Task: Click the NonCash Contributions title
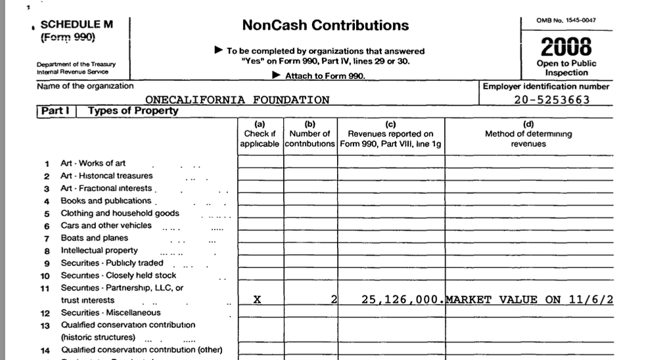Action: [325, 26]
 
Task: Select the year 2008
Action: [566, 47]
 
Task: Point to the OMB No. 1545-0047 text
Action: [566, 20]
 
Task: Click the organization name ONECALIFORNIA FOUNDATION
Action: [237, 100]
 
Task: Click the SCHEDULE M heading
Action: [76, 24]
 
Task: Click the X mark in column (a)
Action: [257, 300]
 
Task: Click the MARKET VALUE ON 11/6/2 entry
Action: [529, 300]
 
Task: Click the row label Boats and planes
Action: [94, 238]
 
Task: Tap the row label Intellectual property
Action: [99, 250]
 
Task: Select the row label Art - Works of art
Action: [93, 163]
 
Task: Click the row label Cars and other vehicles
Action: [106, 225]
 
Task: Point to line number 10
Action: [45, 276]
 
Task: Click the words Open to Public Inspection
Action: [566, 68]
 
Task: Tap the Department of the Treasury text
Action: [76, 64]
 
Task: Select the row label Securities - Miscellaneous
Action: [110, 313]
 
